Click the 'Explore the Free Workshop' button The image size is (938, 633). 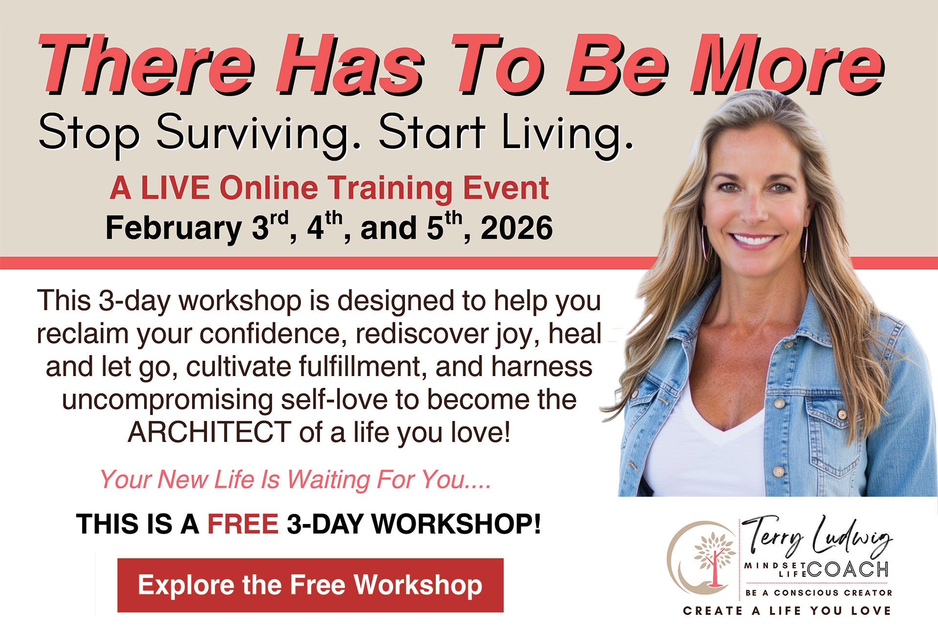coord(310,585)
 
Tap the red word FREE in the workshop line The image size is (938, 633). coord(243,524)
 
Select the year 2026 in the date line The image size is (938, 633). coord(516,228)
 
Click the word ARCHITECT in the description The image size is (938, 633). coord(210,432)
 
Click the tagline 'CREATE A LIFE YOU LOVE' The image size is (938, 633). coord(787,611)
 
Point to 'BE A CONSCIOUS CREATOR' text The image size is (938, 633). coord(819,593)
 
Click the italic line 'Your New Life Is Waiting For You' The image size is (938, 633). coord(295,480)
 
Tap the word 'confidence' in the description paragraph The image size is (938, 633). coord(270,334)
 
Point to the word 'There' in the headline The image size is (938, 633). coord(147,64)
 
